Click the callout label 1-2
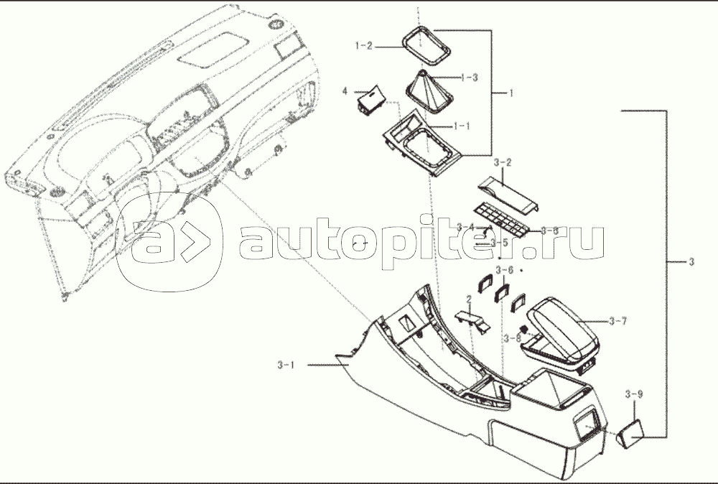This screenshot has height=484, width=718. pos(364,46)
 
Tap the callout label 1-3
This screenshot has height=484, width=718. pos(469,77)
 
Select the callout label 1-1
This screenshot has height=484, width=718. pos(462,126)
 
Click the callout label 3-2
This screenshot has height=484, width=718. pos(503,164)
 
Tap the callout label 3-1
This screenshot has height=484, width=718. pos(286,365)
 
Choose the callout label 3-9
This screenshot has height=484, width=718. pos(633,395)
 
